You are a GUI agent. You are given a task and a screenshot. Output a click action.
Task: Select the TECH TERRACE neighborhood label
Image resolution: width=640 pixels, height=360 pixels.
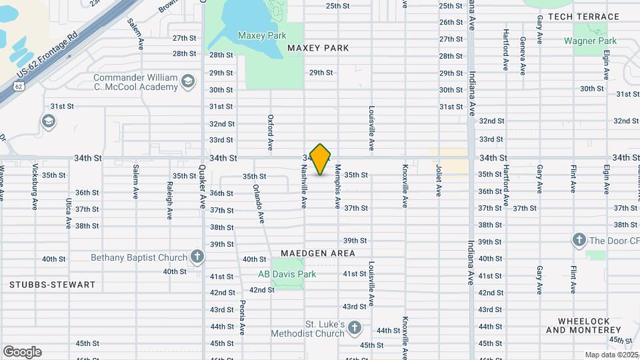(583, 16)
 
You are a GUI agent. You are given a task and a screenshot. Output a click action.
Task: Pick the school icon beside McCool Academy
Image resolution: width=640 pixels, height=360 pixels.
(188, 81)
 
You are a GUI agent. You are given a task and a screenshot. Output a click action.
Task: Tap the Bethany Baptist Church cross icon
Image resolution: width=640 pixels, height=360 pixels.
(197, 256)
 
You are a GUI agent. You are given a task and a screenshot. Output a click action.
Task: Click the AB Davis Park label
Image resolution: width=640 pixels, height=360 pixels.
(287, 273)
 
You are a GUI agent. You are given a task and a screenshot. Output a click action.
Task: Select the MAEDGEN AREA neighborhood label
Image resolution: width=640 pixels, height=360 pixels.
(318, 253)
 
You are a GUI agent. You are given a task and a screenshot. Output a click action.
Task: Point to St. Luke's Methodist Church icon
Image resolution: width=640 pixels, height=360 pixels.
(354, 327)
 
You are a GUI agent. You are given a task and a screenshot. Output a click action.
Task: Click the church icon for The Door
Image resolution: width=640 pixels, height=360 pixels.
(579, 240)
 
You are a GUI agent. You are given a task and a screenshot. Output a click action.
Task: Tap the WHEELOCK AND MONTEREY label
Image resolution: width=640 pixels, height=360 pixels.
(583, 325)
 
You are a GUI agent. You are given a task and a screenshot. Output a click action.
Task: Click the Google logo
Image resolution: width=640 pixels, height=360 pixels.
(22, 352)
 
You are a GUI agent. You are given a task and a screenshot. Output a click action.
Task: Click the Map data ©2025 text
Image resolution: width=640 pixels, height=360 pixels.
(610, 355)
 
